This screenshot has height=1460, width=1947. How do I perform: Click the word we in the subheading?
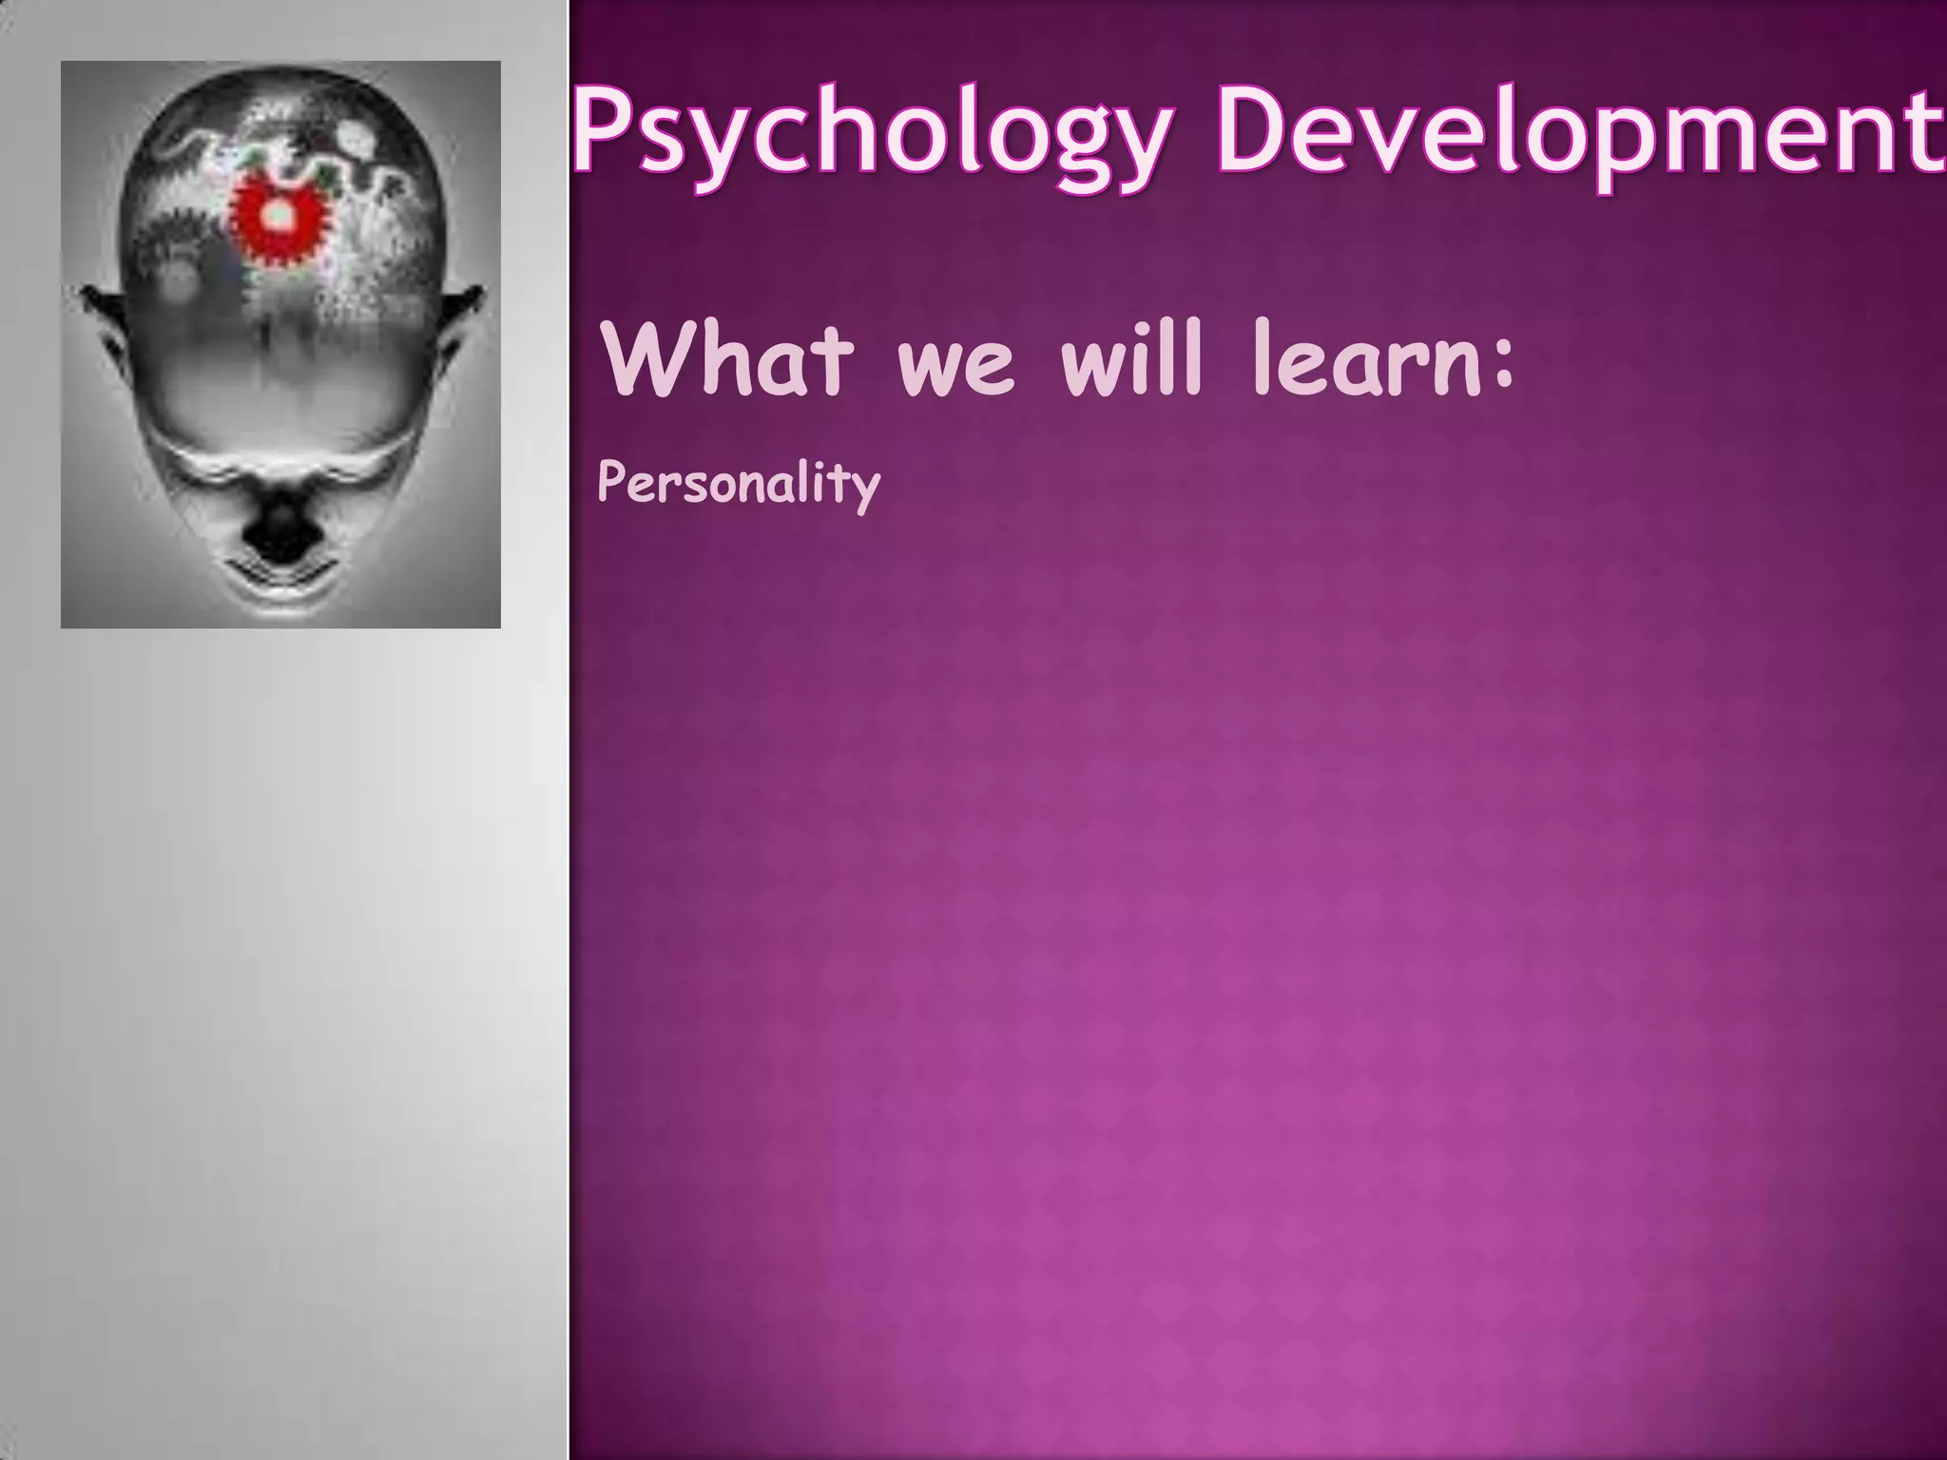(x=955, y=371)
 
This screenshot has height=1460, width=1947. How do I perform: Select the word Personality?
(x=739, y=485)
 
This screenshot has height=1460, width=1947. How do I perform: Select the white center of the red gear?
(x=279, y=217)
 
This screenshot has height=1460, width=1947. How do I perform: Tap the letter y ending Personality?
(x=865, y=490)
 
